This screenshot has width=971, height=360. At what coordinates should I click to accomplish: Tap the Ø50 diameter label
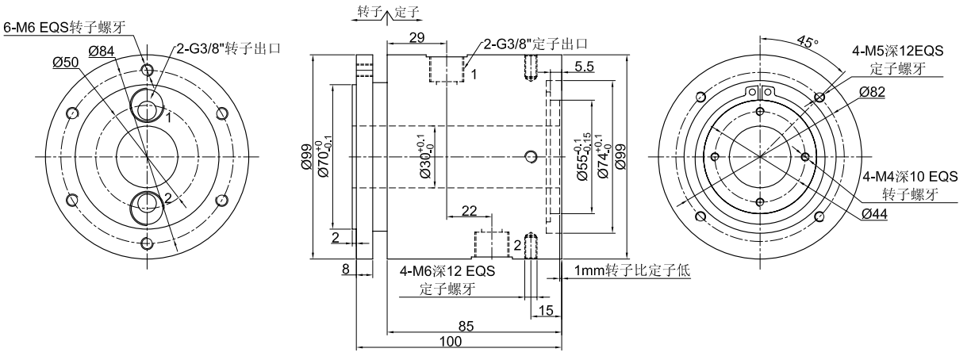[66, 63]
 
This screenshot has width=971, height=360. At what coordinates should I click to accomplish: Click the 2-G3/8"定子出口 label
[533, 44]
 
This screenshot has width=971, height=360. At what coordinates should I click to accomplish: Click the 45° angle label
[808, 44]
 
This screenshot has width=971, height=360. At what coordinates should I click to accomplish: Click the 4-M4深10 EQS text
[909, 177]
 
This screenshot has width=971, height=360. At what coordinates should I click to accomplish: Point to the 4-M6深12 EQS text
[447, 272]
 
